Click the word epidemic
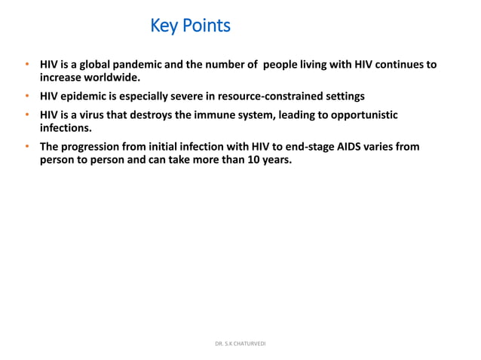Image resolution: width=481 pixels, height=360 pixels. click(x=90, y=96)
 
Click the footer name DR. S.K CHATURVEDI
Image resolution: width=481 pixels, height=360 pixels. click(x=240, y=343)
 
